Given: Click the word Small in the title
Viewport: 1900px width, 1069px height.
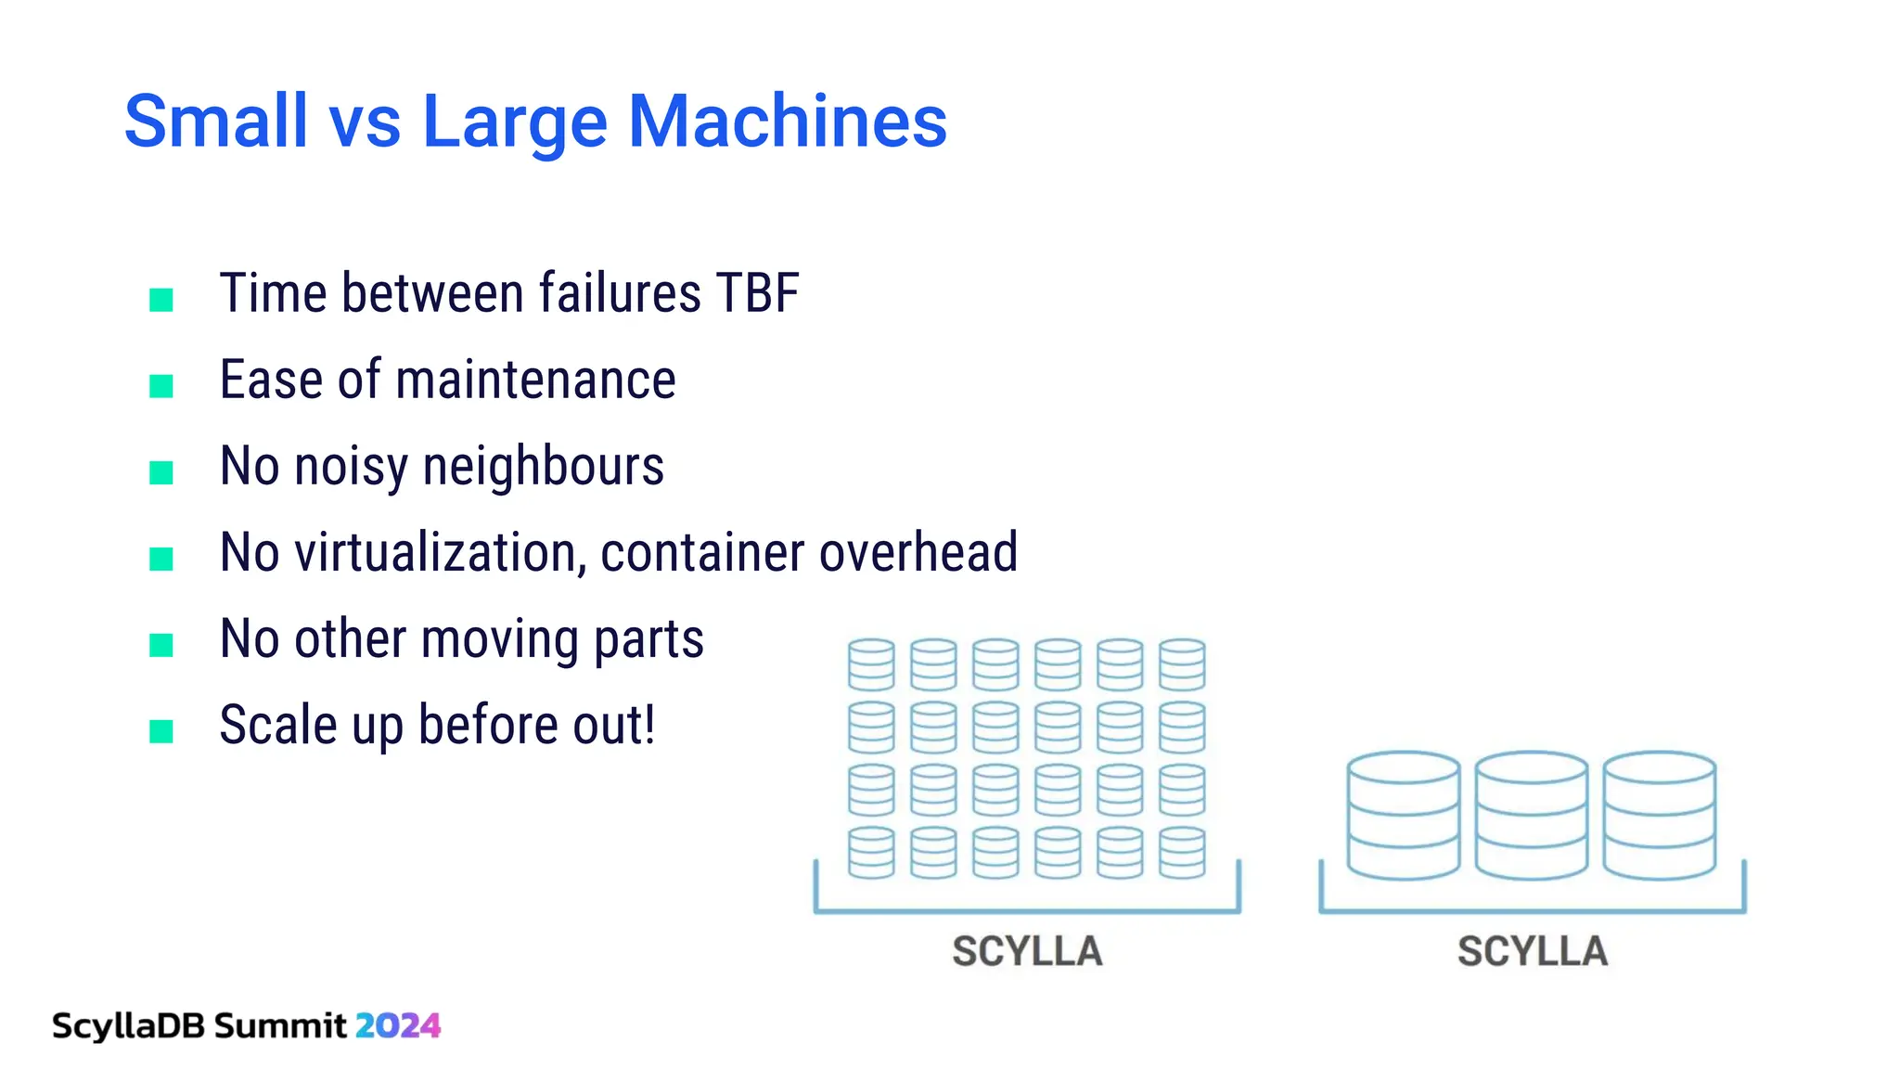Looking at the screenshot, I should coord(215,122).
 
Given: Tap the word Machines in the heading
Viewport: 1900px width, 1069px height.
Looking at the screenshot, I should coord(788,122).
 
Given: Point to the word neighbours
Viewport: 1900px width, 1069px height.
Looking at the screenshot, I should coord(544,467).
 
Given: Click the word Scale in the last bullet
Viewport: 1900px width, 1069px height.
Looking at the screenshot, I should coord(278,726).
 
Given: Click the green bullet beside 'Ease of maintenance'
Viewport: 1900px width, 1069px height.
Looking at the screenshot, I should coord(161,386).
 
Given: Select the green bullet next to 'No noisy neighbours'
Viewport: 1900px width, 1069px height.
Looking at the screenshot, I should coord(161,472).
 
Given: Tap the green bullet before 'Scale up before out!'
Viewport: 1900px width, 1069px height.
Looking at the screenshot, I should coord(161,731).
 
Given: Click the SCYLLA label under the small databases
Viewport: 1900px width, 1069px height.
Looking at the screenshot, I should coord(1027,951).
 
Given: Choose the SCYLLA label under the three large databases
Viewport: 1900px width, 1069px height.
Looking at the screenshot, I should coord(1532,951).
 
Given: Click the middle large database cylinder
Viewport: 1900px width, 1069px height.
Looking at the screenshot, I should coord(1532,816).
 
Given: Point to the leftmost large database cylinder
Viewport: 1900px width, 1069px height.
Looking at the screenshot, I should coord(1404,816).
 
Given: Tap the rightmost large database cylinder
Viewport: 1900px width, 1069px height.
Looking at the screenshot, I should coord(1660,816).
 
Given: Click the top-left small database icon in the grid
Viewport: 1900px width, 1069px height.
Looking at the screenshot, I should coord(871,664).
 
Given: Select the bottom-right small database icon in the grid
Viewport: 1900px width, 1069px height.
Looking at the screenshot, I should coord(1182,853).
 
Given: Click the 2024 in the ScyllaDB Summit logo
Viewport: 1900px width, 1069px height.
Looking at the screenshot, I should coord(398,1025).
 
